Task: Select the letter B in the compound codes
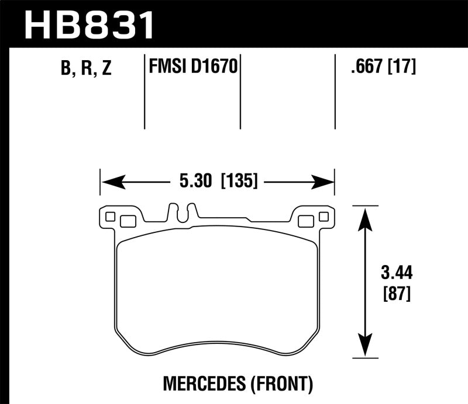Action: [66, 69]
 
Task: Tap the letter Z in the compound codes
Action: [105, 69]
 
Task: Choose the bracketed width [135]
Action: [239, 182]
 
